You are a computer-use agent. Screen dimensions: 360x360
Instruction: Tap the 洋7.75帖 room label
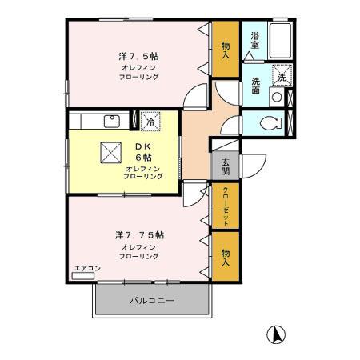(140, 235)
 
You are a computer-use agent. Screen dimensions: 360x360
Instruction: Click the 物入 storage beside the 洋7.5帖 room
(226, 51)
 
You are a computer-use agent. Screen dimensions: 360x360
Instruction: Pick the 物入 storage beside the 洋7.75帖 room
(226, 257)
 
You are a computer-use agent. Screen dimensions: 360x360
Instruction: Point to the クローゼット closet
(226, 206)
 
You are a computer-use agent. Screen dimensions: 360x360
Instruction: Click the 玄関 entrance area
(226, 163)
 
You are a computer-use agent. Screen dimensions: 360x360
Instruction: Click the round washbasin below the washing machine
(276, 98)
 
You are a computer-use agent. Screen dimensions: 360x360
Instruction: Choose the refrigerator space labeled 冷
(150, 122)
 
